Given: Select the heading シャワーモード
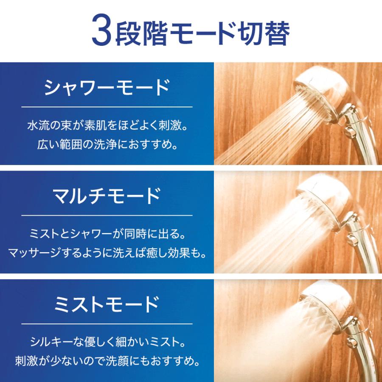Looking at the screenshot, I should pyautogui.click(x=107, y=88).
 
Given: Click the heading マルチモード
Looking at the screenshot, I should pyautogui.click(x=107, y=196).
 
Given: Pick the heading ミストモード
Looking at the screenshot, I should pyautogui.click(x=107, y=304).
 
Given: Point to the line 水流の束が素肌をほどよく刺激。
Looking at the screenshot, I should pyautogui.click(x=107, y=126).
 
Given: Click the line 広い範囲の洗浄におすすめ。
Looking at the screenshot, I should pyautogui.click(x=107, y=145).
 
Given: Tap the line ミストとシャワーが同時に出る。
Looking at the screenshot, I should pyautogui.click(x=107, y=234).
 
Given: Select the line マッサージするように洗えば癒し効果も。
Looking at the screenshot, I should pyautogui.click(x=107, y=253).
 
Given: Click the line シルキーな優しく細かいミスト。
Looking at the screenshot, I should pyautogui.click(x=107, y=342).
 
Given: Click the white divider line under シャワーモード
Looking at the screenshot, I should pyautogui.click(x=107, y=107).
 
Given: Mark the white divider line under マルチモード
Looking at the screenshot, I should pyautogui.click(x=107, y=215).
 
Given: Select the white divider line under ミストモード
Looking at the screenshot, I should pyautogui.click(x=107, y=323).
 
